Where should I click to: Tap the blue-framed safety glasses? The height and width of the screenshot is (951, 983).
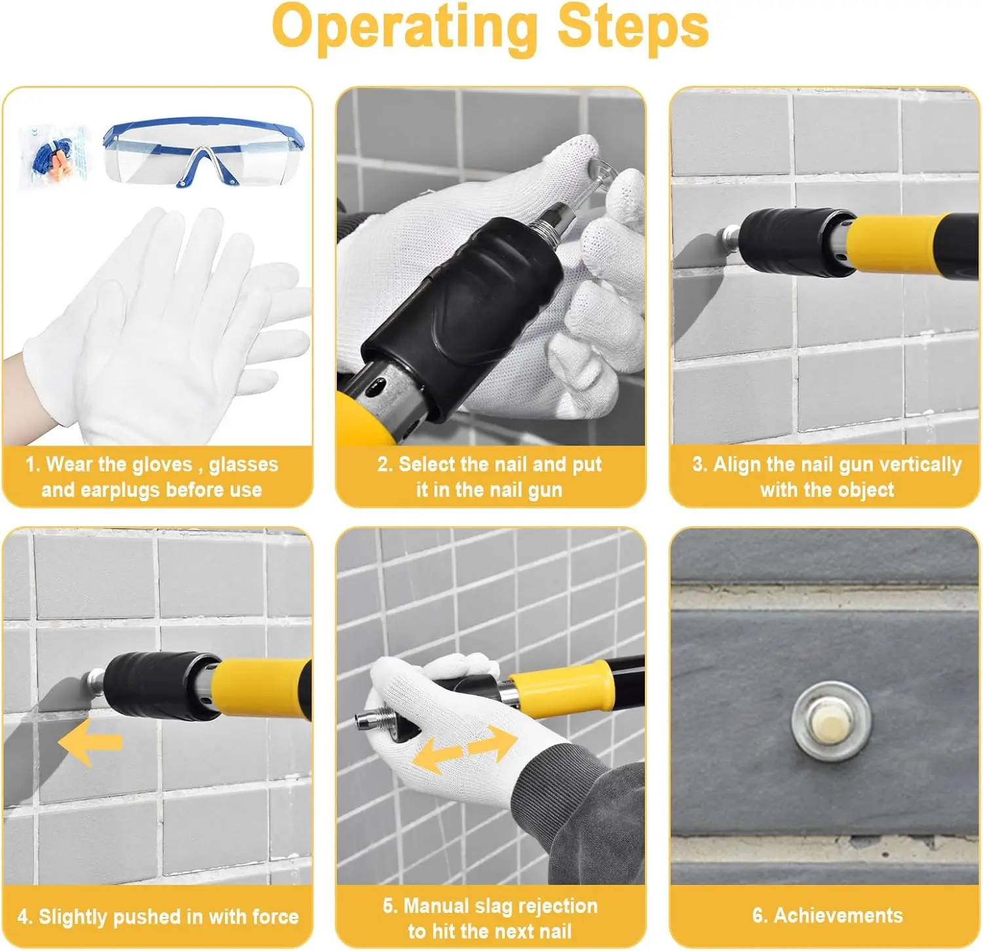tap(203, 152)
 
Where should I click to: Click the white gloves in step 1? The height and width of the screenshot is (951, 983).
tap(164, 328)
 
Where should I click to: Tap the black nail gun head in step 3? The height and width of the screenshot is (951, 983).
tap(796, 243)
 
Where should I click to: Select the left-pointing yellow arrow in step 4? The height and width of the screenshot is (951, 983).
tap(90, 742)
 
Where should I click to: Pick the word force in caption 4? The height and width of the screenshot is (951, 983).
tap(275, 916)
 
